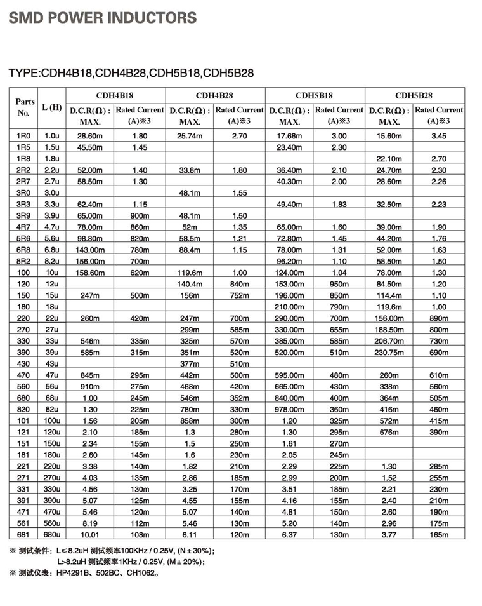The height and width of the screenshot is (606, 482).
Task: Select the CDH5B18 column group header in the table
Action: click(315, 95)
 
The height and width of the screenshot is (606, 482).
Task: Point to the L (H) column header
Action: click(51, 107)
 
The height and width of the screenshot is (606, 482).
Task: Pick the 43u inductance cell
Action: click(51, 364)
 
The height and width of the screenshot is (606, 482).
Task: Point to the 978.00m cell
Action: click(289, 410)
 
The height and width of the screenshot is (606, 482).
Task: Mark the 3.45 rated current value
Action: click(439, 135)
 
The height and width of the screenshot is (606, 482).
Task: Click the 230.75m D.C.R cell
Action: click(388, 353)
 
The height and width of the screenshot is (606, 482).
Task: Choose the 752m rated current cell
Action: click(239, 295)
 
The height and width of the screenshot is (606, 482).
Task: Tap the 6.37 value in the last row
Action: click(289, 535)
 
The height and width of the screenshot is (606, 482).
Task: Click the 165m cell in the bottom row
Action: click(439, 535)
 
